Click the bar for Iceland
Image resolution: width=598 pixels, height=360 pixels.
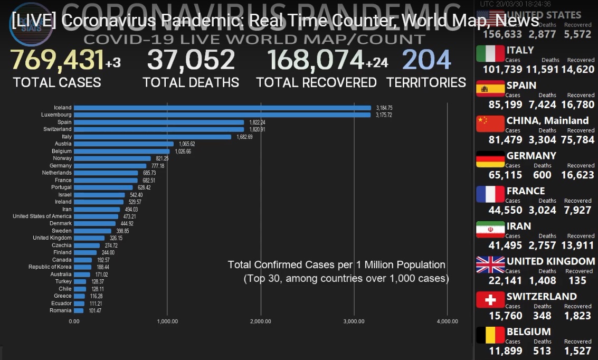(x=222, y=108)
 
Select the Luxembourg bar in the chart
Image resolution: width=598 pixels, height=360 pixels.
(x=222, y=115)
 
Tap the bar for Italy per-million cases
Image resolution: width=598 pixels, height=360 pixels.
(x=153, y=137)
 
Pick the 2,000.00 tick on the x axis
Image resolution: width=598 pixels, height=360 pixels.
(x=261, y=321)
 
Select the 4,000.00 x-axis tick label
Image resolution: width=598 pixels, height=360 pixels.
(x=448, y=321)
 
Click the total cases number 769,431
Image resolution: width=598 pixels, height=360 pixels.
(x=57, y=60)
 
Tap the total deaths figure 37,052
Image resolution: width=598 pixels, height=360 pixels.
(x=191, y=60)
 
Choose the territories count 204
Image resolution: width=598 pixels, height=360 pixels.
(x=426, y=60)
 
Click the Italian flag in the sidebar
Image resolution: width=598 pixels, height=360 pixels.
(x=490, y=54)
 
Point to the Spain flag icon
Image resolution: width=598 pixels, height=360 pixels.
(x=490, y=89)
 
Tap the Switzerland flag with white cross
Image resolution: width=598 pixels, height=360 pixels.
(x=490, y=300)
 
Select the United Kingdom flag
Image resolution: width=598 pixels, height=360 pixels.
(x=490, y=264)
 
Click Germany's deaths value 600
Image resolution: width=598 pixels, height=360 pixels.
(x=542, y=175)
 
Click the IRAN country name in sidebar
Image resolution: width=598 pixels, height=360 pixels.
(x=519, y=226)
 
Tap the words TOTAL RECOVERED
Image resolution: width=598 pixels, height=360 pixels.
(x=316, y=83)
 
